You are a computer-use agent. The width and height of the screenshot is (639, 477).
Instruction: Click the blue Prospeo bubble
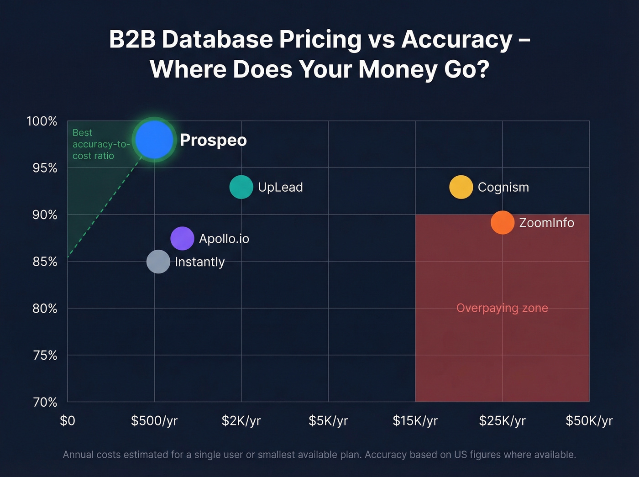(x=155, y=140)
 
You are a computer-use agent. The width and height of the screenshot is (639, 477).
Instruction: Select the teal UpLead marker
(x=241, y=187)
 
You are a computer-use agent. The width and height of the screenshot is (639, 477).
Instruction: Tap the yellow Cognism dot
(x=461, y=187)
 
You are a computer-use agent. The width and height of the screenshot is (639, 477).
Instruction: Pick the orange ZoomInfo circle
(x=503, y=223)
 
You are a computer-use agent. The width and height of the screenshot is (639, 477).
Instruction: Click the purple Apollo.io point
(x=182, y=238)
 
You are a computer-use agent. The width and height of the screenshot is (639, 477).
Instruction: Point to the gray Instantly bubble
(x=158, y=262)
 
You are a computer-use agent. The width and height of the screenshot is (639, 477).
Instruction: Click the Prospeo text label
(x=213, y=140)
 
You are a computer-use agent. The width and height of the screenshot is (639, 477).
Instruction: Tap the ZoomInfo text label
(x=546, y=223)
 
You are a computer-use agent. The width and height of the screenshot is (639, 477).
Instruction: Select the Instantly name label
(x=200, y=262)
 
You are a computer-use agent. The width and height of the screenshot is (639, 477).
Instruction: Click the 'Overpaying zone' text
(x=502, y=308)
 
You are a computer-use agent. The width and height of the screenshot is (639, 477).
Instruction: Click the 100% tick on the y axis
(x=42, y=121)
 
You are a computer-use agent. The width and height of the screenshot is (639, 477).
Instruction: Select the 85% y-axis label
(x=45, y=262)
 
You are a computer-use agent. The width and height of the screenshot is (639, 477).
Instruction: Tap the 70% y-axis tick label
(x=45, y=402)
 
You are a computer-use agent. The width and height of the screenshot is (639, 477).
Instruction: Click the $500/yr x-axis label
(x=154, y=421)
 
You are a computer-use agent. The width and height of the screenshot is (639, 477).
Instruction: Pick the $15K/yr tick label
(x=415, y=421)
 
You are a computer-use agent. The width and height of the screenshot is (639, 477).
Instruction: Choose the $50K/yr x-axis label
(x=589, y=421)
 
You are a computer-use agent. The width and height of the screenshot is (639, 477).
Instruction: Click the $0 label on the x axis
(x=68, y=421)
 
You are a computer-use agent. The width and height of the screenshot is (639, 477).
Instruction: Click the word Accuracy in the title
(x=457, y=40)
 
